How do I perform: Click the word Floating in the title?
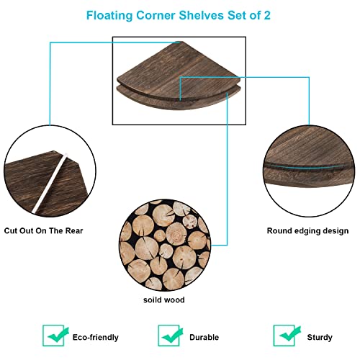pos(109,16)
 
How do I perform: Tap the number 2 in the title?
pos(267,15)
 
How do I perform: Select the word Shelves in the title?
pos(202,15)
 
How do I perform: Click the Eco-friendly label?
pos(96,337)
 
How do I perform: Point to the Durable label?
pos(204,337)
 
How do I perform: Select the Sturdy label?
pos(320,338)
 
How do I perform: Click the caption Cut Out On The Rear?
pos(43,231)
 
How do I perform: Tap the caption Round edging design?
pos(307,231)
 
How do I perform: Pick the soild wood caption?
pos(164,300)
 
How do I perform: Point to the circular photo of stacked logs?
pos(165,245)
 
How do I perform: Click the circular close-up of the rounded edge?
pos(309,171)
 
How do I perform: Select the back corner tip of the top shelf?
pos(181,42)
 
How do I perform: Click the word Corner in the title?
pos(156,15)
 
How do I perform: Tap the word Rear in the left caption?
pos(74,231)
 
